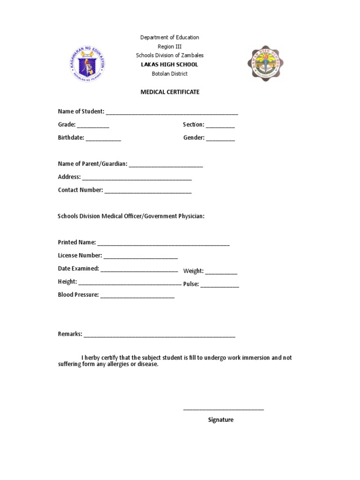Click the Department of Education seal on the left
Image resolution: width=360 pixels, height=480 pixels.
coord(87,64)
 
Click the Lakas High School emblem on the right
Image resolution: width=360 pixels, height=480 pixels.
coord(266,64)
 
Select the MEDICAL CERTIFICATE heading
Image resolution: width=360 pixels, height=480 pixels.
coord(170,92)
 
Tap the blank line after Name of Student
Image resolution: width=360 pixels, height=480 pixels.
coord(172,112)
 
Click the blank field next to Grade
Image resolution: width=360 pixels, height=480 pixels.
coord(93,126)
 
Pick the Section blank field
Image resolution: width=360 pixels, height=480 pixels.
coord(220,126)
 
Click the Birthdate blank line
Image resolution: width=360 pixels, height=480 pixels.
coord(103,139)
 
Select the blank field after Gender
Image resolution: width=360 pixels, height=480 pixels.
coord(220,139)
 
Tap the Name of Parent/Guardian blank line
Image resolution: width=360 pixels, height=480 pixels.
coord(165,165)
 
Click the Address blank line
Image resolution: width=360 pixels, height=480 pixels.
coord(137,178)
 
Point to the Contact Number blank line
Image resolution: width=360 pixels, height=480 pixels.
coord(148,191)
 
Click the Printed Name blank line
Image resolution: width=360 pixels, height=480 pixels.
coord(163,244)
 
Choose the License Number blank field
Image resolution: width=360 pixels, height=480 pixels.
coord(141,257)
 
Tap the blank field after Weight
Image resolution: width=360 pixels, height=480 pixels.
coord(221,272)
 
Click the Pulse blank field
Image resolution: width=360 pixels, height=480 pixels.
coord(220,285)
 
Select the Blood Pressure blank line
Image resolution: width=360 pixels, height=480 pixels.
coord(137,296)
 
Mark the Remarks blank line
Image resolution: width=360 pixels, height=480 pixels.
coord(159,336)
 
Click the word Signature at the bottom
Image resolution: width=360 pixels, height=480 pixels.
coord(221,420)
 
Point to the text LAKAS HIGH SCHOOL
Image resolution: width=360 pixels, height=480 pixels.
coord(170,65)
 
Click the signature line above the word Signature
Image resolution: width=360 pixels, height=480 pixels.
coord(223,409)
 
